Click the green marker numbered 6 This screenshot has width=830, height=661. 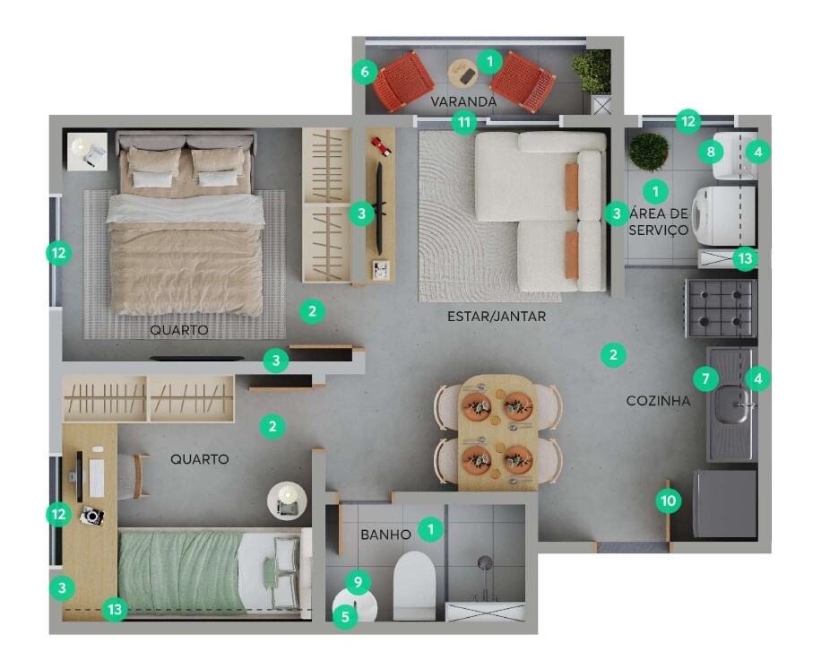(364, 71)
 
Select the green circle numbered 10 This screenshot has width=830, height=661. (668, 500)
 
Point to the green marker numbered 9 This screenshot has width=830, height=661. (358, 583)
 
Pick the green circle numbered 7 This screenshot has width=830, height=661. (705, 378)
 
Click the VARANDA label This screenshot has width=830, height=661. (463, 101)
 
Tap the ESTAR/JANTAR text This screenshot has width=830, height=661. (496, 317)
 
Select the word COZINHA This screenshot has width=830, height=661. (658, 401)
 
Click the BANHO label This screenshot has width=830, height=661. (385, 535)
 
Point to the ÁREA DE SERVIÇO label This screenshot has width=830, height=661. (658, 222)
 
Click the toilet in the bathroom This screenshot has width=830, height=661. (413, 583)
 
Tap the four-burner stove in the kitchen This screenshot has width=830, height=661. (721, 308)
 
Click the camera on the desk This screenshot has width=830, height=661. (92, 516)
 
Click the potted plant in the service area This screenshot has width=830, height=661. (648, 151)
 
